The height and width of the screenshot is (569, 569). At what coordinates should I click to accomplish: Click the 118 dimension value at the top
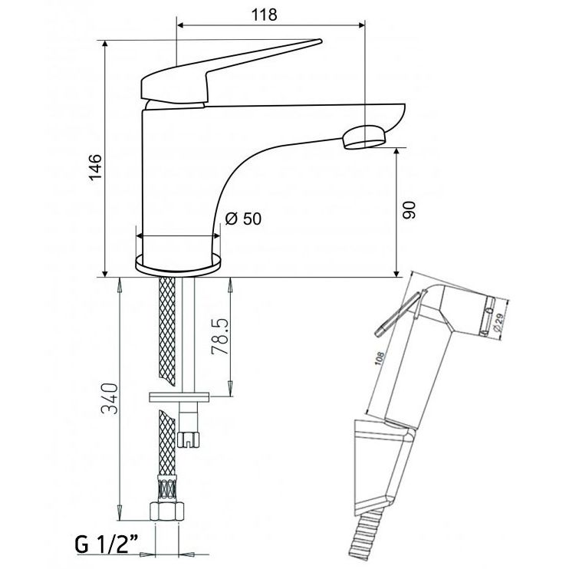point(264,15)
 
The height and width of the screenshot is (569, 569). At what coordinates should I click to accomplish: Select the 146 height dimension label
point(96,167)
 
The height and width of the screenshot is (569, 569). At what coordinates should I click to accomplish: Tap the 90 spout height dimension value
point(409,210)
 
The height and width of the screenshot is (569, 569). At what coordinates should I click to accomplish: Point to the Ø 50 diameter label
point(243,219)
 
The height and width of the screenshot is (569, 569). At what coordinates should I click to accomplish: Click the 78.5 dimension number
point(220,337)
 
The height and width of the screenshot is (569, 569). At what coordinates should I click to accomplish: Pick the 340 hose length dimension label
point(110,398)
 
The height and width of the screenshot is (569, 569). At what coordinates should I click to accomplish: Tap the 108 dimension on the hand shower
point(380,360)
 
